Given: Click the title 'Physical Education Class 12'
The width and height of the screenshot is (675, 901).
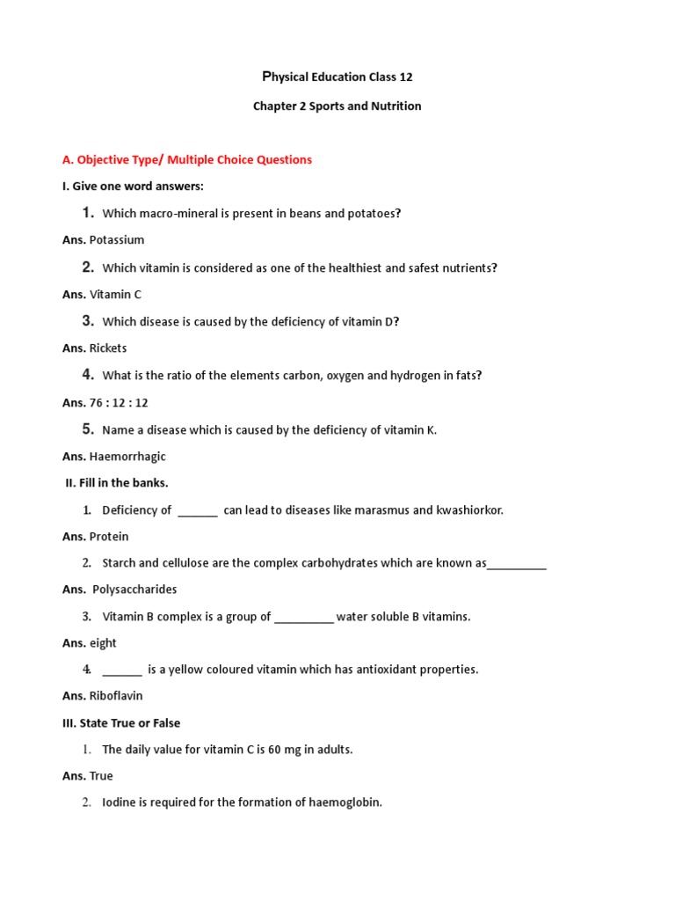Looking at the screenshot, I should pyautogui.click(x=337, y=77).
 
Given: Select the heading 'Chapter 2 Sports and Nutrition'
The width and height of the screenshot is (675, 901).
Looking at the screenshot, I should pyautogui.click(x=337, y=106).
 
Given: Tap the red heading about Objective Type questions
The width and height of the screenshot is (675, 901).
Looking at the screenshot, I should pyautogui.click(x=187, y=159).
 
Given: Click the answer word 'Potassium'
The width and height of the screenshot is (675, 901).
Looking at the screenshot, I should pyautogui.click(x=117, y=239).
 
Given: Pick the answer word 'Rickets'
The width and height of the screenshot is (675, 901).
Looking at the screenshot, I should pyautogui.click(x=108, y=348).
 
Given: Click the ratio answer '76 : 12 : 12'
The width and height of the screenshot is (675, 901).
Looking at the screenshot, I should pyautogui.click(x=119, y=402).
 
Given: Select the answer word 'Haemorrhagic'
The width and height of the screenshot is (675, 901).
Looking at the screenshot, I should pyautogui.click(x=127, y=457).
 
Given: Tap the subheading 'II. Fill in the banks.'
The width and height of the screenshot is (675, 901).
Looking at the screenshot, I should pyautogui.click(x=117, y=482).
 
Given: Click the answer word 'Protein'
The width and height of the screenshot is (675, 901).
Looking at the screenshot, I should pyautogui.click(x=109, y=536).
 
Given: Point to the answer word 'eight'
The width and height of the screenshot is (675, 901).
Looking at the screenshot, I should pyautogui.click(x=103, y=643).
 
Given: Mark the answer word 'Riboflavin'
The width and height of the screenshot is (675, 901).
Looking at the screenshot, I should pyautogui.click(x=116, y=696).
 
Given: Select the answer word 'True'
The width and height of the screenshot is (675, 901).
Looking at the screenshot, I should pyautogui.click(x=101, y=776).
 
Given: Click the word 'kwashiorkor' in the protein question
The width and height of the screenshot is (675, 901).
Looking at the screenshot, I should pyautogui.click(x=469, y=510).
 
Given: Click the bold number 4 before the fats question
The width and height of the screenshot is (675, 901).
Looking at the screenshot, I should pyautogui.click(x=88, y=375).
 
